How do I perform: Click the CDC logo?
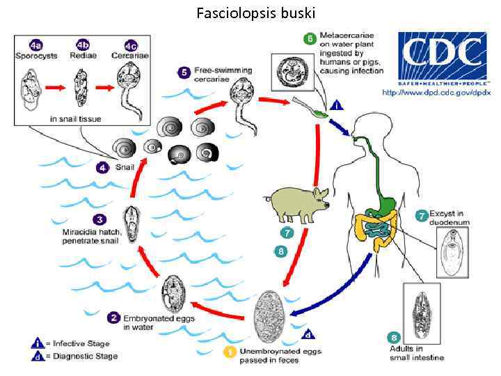click(x=440, y=55)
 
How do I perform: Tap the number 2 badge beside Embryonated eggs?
click(x=113, y=318)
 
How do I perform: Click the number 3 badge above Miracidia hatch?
click(x=101, y=219)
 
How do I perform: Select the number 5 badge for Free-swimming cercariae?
click(x=184, y=72)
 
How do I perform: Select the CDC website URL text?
click(x=436, y=92)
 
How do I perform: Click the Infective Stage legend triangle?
click(x=38, y=343)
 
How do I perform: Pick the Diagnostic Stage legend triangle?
click(x=38, y=356)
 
